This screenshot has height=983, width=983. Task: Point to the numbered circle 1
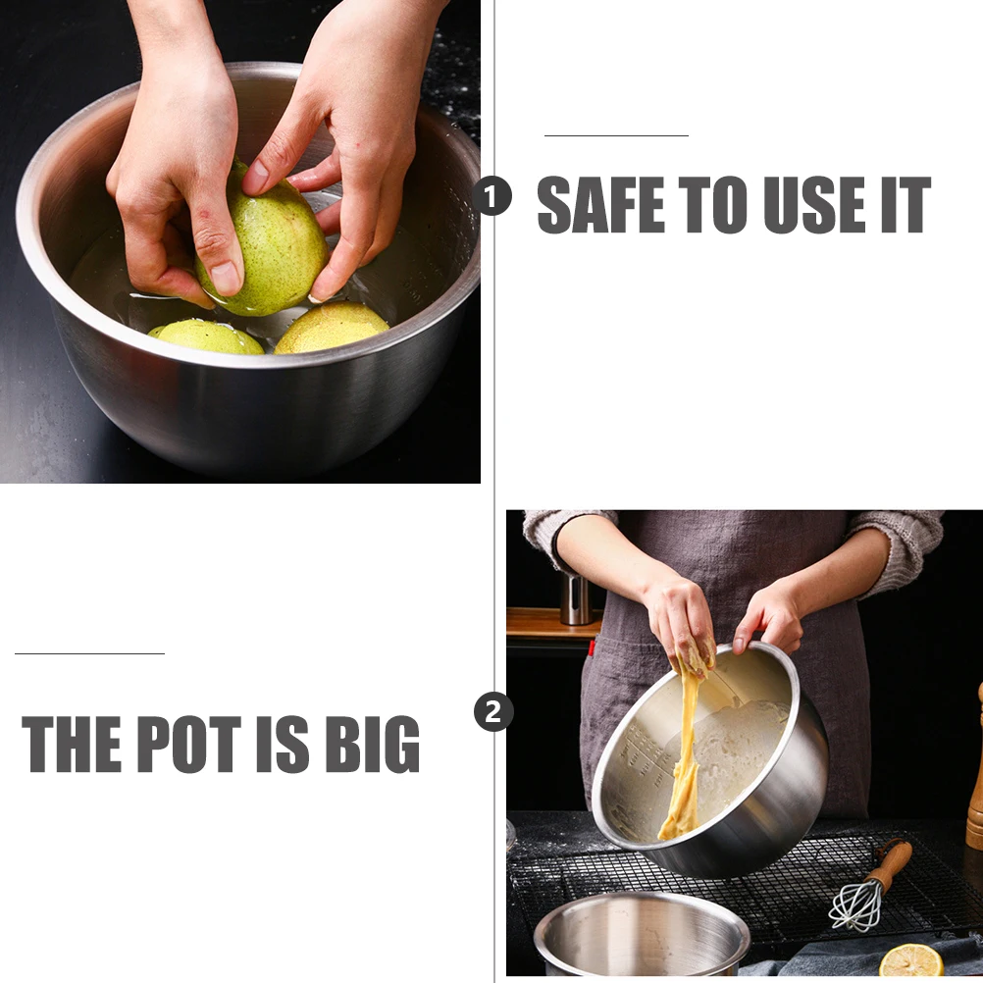coord(491,196)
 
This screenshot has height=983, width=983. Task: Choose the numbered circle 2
coord(493,711)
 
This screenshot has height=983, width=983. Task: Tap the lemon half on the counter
coord(910,960)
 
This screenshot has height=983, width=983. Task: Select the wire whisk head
coord(854,905)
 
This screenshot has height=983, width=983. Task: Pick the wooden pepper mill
coord(975,775)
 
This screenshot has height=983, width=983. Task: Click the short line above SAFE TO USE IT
coord(616,135)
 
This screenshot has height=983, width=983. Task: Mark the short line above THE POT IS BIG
coord(89,652)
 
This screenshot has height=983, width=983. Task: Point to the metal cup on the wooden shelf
coord(575,598)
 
